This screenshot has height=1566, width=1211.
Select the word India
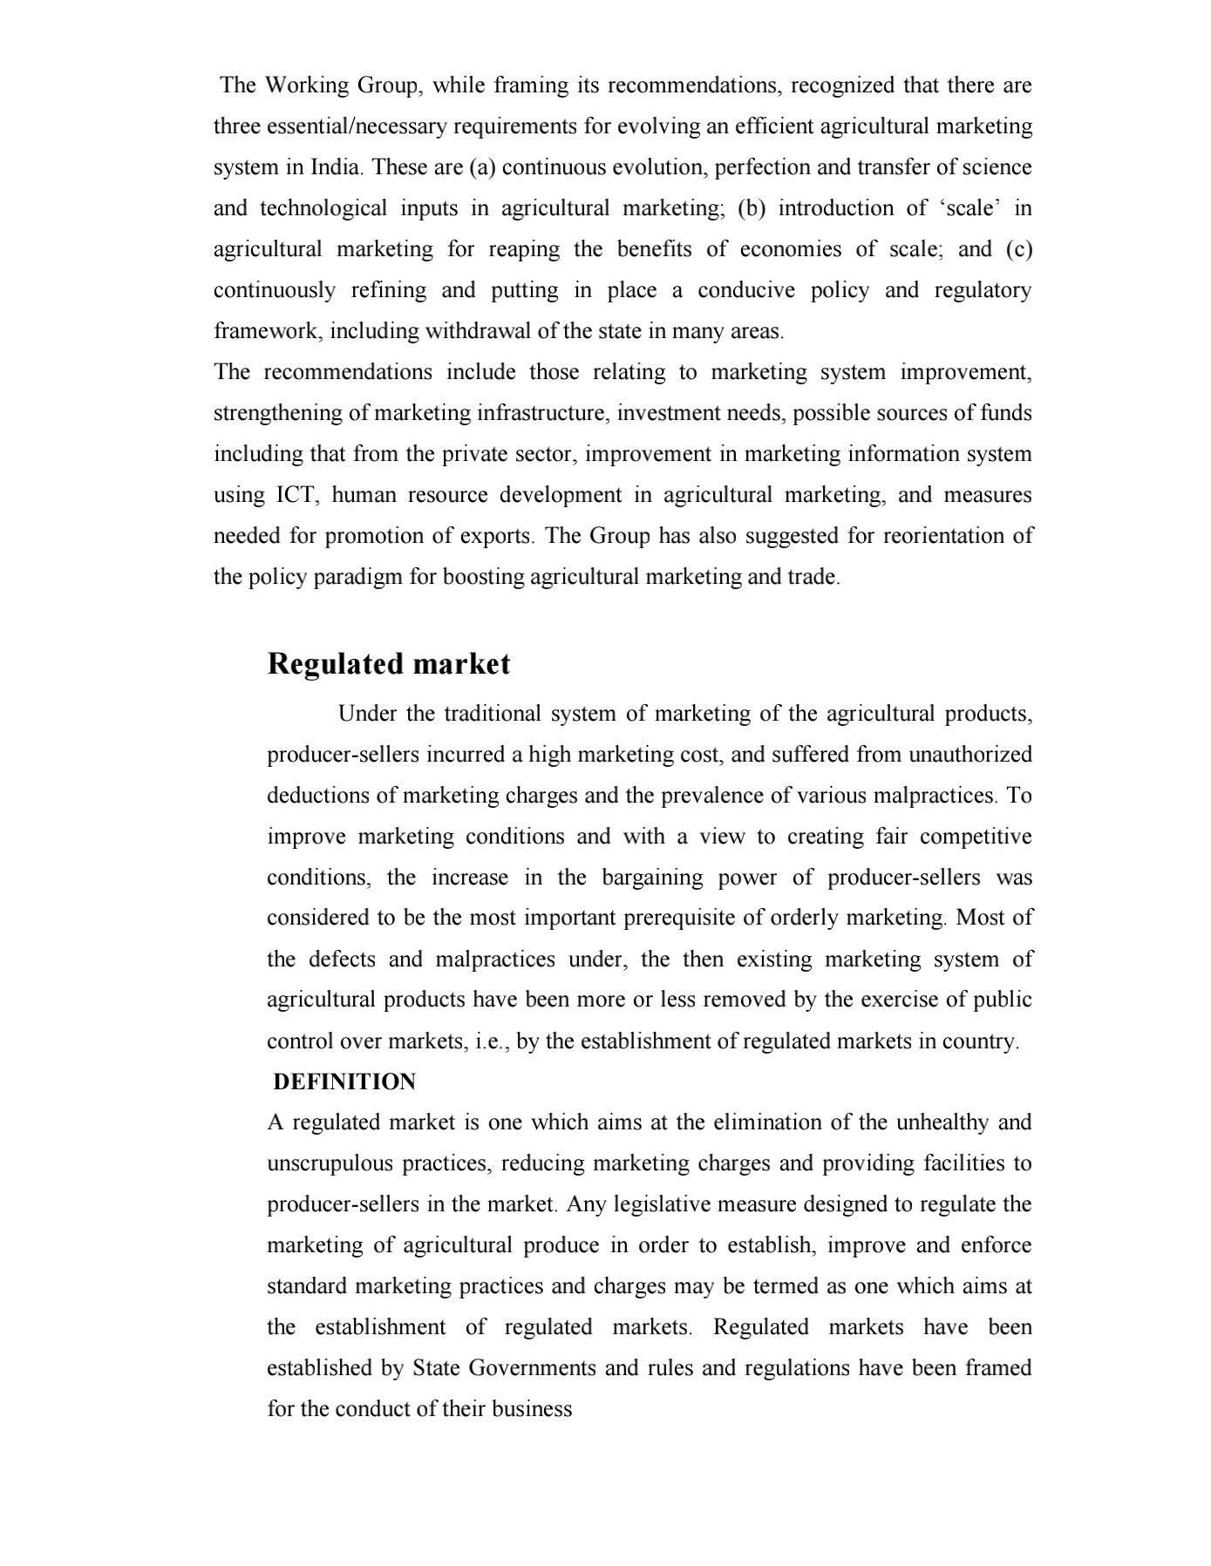pyautogui.click(x=336, y=167)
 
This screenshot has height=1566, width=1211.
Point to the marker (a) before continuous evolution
pyautogui.click(x=482, y=167)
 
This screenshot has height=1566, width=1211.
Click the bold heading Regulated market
pyautogui.click(x=388, y=664)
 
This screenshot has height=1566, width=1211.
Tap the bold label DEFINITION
pyautogui.click(x=344, y=1082)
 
